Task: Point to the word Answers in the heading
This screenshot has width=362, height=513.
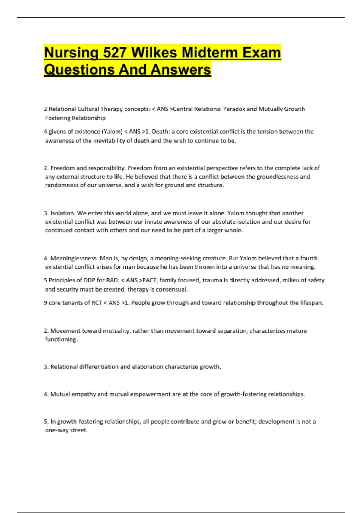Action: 181,70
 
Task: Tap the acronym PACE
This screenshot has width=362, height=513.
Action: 149,280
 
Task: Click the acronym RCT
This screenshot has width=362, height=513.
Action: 97,303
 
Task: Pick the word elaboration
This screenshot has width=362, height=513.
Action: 148,367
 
